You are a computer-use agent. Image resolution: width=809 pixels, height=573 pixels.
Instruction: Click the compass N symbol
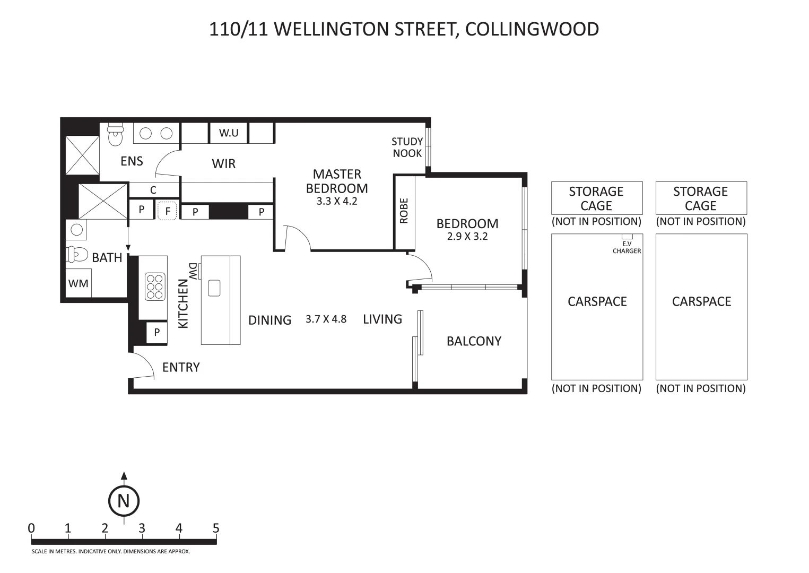[x=124, y=501]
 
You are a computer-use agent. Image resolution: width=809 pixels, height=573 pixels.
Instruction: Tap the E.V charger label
[x=627, y=247]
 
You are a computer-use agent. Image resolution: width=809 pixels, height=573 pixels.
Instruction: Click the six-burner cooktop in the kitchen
[x=155, y=287]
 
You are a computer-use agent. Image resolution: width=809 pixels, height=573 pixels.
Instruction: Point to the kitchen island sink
[x=214, y=288]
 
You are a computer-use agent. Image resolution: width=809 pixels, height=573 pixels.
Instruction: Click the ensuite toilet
[x=116, y=134]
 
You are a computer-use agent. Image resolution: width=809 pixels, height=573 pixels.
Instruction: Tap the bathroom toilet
[x=77, y=254]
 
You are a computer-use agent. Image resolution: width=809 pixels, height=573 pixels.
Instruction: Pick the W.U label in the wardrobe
[x=229, y=133]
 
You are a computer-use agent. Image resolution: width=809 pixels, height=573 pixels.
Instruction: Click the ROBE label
[x=404, y=211]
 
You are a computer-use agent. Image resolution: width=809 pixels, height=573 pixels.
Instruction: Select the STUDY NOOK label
[x=407, y=147]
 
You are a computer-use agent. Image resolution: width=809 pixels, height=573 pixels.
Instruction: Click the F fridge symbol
[x=167, y=211]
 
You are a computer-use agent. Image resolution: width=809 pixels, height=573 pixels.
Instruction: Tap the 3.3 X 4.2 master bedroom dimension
[x=337, y=201]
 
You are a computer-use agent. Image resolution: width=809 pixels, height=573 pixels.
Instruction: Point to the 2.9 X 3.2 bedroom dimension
[x=467, y=236]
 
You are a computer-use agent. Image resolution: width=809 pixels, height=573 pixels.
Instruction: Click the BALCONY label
[x=474, y=341]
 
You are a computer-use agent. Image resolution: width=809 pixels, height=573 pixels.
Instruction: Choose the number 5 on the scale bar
[x=216, y=528]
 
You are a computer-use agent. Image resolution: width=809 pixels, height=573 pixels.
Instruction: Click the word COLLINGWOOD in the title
[x=532, y=29]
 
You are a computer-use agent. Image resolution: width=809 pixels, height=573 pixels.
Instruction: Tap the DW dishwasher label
[x=193, y=271]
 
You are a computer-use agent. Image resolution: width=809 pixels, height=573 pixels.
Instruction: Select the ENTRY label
[x=181, y=367]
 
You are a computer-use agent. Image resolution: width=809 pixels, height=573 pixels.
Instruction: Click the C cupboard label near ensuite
[x=153, y=190]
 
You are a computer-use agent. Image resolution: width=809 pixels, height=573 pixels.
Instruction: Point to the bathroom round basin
[x=76, y=230]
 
